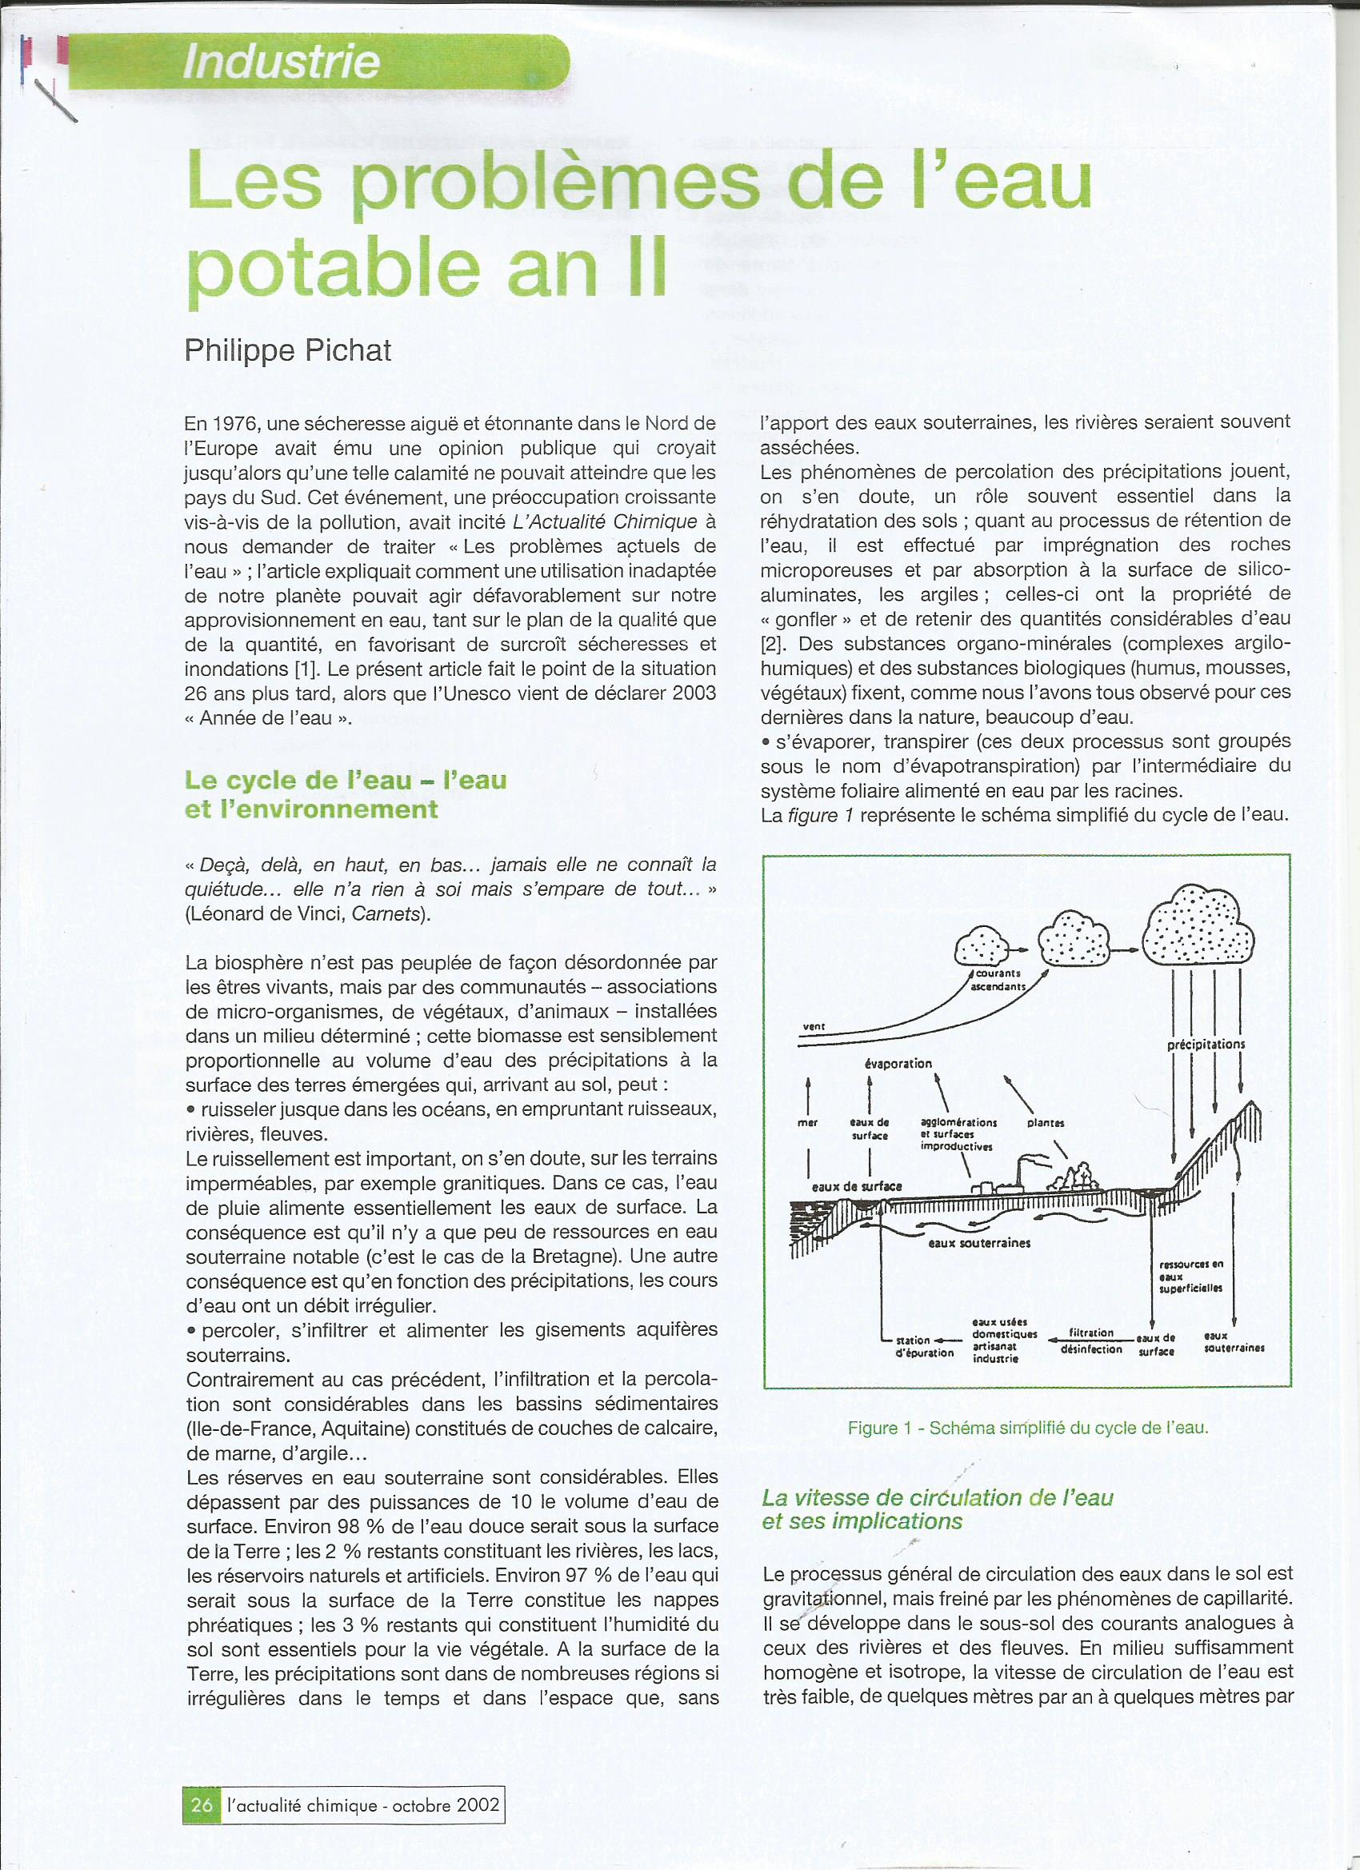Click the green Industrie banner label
[282, 62]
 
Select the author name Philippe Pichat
[288, 350]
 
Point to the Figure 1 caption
[1027, 1428]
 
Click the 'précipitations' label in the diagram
[1206, 1044]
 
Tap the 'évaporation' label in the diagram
[898, 1064]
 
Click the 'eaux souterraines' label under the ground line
[979, 1244]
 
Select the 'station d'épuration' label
[924, 1346]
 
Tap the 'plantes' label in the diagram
[1046, 1123]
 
